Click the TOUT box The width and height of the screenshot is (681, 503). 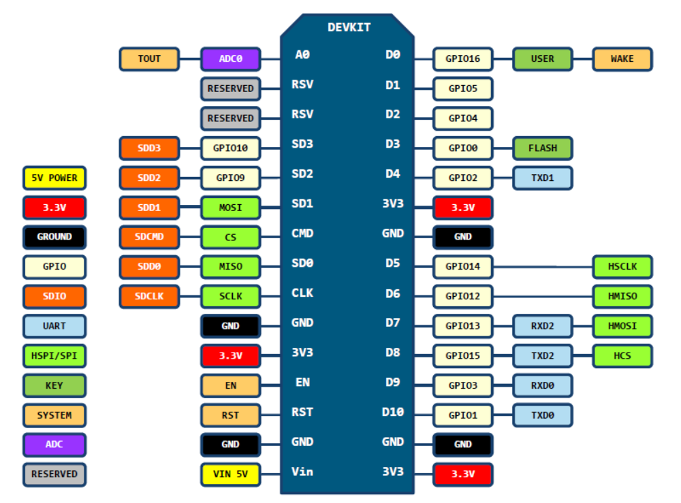click(x=149, y=59)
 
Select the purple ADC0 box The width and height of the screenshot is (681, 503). click(x=230, y=59)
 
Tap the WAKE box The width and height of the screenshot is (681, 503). click(x=622, y=59)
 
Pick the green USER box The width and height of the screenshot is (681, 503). click(x=542, y=59)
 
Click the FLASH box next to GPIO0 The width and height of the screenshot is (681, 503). click(x=542, y=148)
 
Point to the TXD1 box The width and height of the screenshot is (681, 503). click(x=542, y=178)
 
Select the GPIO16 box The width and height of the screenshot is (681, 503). click(x=463, y=59)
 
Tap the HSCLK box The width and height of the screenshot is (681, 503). click(x=622, y=267)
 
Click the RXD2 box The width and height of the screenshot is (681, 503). click(x=542, y=326)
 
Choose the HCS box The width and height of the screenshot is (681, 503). click(x=622, y=356)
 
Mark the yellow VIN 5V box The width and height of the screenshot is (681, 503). click(x=230, y=474)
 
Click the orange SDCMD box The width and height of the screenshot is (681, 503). click(x=149, y=238)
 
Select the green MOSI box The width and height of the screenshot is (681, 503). click(x=230, y=207)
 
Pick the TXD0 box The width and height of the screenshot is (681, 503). click(x=542, y=415)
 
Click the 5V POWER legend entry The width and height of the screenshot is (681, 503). click(x=54, y=178)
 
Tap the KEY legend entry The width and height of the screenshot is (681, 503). click(x=54, y=385)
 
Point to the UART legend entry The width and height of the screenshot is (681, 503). click(x=54, y=326)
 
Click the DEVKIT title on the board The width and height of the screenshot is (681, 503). click(x=349, y=27)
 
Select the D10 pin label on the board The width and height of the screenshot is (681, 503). click(x=393, y=412)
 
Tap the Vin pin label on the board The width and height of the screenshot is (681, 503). click(x=302, y=471)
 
